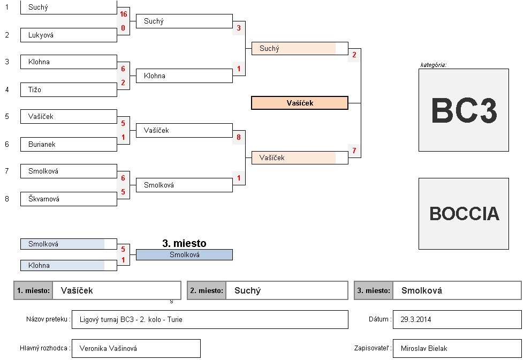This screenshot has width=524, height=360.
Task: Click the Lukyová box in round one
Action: point(68,35)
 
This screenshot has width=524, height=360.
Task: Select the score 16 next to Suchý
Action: point(124,14)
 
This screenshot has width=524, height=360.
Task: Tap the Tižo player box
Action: point(68,90)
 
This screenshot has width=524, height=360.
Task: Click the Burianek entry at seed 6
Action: point(68,145)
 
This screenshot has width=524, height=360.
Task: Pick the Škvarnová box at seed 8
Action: point(68,199)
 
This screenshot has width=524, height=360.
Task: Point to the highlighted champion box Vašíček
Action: point(300,103)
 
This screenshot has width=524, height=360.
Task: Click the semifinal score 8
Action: point(239,138)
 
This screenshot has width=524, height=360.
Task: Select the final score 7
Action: point(354,151)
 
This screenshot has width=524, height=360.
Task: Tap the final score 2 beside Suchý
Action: point(354,55)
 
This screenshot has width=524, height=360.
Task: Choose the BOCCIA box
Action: point(464,214)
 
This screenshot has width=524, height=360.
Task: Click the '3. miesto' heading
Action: point(184,244)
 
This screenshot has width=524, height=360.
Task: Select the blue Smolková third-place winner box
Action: point(184,255)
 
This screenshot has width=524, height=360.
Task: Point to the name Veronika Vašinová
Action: point(108,349)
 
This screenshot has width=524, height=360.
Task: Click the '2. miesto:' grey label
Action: point(207,291)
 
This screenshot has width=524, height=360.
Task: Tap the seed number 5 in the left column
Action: point(7,116)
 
